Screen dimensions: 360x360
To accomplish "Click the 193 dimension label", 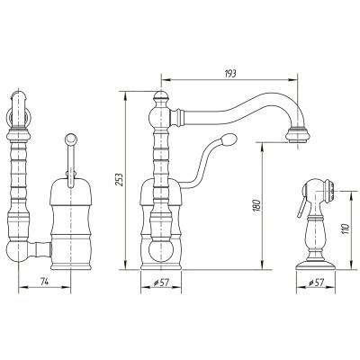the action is pos(230,74).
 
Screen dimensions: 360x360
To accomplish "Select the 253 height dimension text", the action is pos(120,179).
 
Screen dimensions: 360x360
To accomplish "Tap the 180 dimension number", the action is pos(257,205).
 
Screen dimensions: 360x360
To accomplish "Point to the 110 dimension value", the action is pos(346,229).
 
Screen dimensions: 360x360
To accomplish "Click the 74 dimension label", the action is pos(44,282).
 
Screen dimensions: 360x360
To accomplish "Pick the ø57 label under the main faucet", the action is pos(161,283).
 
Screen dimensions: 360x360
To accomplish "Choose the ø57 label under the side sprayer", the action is pos(316,283).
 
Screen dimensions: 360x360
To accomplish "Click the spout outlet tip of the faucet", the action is pos(297,135).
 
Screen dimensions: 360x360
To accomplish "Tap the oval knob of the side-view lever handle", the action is pos(229,139).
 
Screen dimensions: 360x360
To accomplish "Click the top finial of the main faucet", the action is pos(161,96).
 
